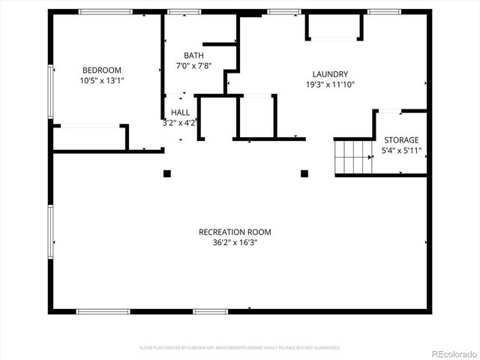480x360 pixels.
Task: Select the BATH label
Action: pos(193,55)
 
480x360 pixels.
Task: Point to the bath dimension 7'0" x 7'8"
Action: pos(193,65)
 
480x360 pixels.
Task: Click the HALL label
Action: pos(180,112)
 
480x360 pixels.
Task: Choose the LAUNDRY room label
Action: pos(330,74)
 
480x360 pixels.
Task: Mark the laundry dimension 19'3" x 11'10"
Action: pos(330,85)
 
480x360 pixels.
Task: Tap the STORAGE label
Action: pos(401,140)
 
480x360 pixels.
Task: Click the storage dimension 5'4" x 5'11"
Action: pos(403,150)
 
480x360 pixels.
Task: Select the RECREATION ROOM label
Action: pos(235,232)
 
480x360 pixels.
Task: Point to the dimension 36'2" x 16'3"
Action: pos(235,242)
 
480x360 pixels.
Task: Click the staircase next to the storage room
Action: pos(353,157)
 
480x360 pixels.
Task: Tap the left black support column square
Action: pos(167,174)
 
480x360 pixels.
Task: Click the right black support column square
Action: pos(304,174)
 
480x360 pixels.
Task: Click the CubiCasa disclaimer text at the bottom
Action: pos(240,348)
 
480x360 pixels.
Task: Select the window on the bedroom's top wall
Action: pos(106,11)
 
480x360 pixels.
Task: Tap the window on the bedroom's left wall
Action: pos(51,91)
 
